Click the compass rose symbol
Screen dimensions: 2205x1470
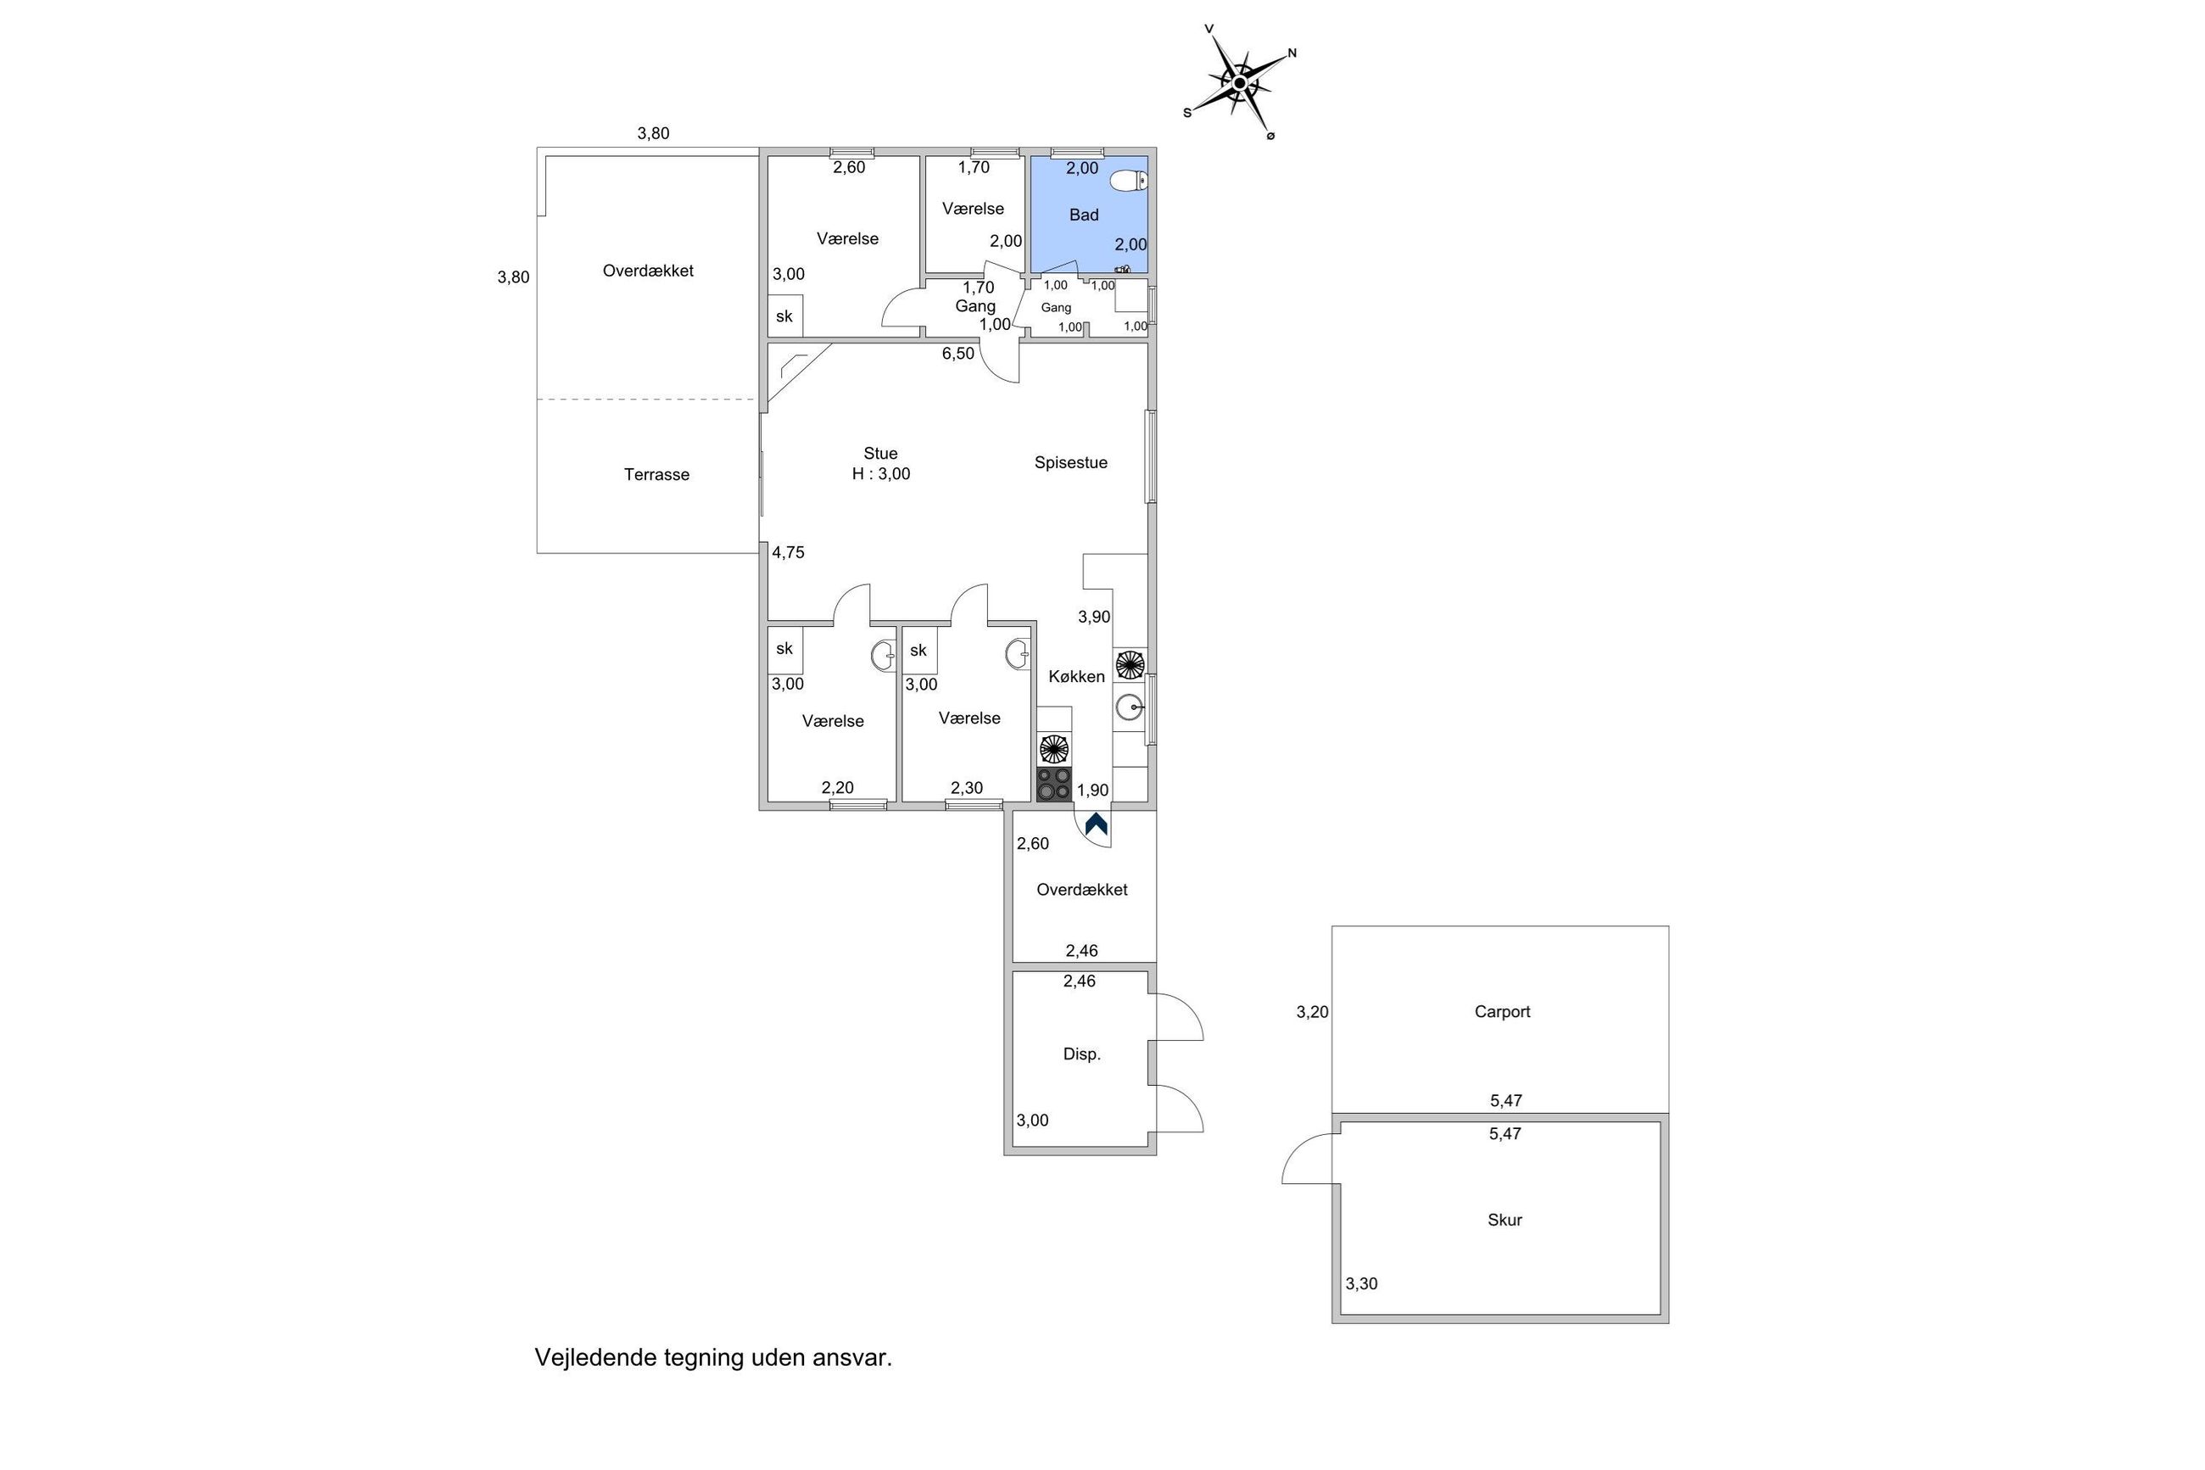(x=1240, y=83)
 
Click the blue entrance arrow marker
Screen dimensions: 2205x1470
(x=1097, y=825)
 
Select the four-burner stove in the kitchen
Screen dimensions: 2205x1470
(x=1054, y=785)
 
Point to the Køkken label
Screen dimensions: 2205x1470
(x=1077, y=676)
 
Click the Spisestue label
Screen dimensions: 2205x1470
(x=1071, y=462)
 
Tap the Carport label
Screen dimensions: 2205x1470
(x=1502, y=1012)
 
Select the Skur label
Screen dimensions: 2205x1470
(x=1504, y=1220)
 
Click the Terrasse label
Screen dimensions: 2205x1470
(x=657, y=474)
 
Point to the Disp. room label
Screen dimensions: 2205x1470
(x=1081, y=1054)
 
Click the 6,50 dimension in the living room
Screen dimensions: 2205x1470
(x=957, y=354)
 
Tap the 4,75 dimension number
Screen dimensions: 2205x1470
(x=788, y=552)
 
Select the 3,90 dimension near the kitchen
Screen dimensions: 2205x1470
(x=1094, y=617)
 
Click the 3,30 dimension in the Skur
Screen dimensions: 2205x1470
(x=1362, y=1283)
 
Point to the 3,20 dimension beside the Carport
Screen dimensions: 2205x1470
(x=1312, y=1012)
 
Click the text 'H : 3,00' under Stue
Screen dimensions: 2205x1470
(x=881, y=474)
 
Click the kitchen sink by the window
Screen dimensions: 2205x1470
(x=1129, y=706)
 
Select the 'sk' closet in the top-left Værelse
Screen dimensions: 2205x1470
(x=784, y=316)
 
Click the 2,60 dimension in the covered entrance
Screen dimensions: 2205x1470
(x=1033, y=843)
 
